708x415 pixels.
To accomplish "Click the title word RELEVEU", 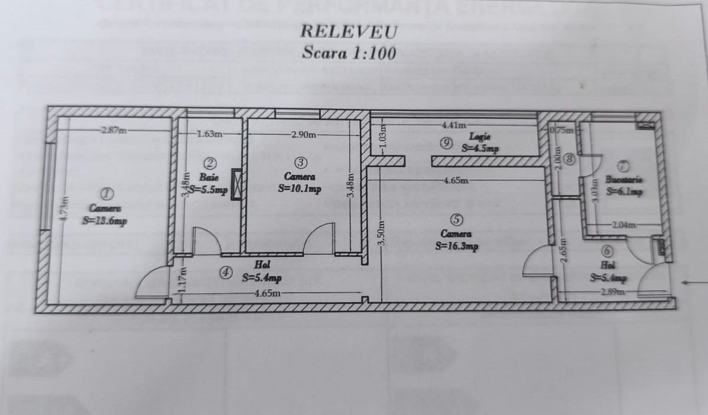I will pyautogui.click(x=349, y=31).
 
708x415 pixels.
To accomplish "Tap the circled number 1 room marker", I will pyautogui.click(x=107, y=193).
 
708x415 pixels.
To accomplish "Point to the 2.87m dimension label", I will pyautogui.click(x=113, y=131).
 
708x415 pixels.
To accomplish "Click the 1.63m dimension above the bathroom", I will pyautogui.click(x=210, y=134).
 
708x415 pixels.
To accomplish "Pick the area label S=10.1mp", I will pyautogui.click(x=299, y=189).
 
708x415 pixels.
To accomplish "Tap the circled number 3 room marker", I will pyautogui.click(x=300, y=161).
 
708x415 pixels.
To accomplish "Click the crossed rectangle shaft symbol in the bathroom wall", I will pyautogui.click(x=237, y=184).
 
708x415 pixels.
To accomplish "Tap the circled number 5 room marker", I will pyautogui.click(x=456, y=219).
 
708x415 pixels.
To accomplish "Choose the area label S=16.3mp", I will pyautogui.click(x=456, y=247).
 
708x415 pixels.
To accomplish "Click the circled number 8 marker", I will pyautogui.click(x=569, y=158).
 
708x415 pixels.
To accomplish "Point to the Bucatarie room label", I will pyautogui.click(x=624, y=179).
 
